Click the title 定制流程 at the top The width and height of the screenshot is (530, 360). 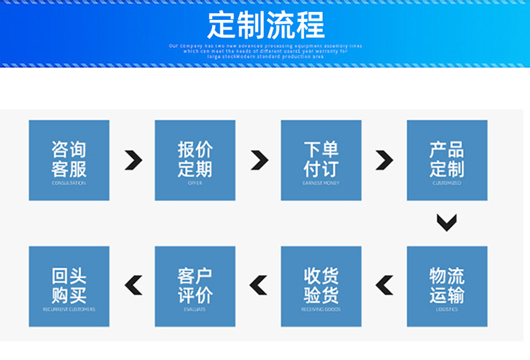[x=266, y=25]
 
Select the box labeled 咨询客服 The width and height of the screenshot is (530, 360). [x=69, y=160]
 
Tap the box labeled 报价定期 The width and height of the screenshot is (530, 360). [x=195, y=160]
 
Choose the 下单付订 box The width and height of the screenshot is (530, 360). [x=321, y=160]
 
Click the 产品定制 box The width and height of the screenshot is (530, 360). [x=447, y=160]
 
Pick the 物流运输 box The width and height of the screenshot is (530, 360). [x=447, y=286]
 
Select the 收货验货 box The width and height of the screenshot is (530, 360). [x=321, y=286]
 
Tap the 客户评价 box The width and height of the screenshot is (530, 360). [x=195, y=286]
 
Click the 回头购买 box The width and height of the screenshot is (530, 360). [x=69, y=286]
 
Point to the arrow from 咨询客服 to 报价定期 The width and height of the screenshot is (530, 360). [x=133, y=161]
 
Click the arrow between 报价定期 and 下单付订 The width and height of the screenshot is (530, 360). [x=259, y=161]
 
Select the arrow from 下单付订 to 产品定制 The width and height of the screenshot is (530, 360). [x=384, y=161]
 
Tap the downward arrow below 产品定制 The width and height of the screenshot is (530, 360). [x=447, y=223]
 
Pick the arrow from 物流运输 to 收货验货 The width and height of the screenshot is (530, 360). [x=384, y=285]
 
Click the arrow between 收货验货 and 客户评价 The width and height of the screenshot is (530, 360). [x=259, y=285]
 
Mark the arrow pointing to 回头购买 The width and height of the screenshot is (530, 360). [x=133, y=285]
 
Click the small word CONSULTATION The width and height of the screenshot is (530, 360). [x=69, y=183]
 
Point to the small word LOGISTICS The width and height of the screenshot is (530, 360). [x=447, y=309]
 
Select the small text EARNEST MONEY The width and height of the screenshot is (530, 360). [x=321, y=183]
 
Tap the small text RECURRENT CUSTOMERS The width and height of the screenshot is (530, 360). [x=69, y=309]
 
